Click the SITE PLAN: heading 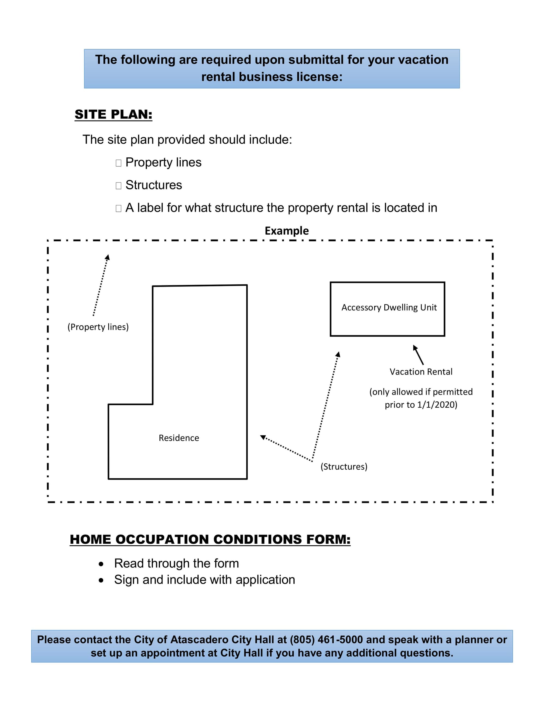pyautogui.click(x=113, y=114)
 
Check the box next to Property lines pyautogui.click(x=118, y=163)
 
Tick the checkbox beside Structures pyautogui.click(x=118, y=185)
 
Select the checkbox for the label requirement pyautogui.click(x=118, y=208)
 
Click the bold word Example pyautogui.click(x=287, y=231)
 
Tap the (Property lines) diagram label pyautogui.click(x=98, y=327)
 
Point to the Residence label pyautogui.click(x=179, y=438)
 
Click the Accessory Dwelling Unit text pyautogui.click(x=389, y=308)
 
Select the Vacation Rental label pyautogui.click(x=421, y=372)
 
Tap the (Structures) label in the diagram pyautogui.click(x=344, y=467)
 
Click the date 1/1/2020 pyautogui.click(x=435, y=405)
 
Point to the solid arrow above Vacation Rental pyautogui.click(x=418, y=355)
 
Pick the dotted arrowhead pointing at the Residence pyautogui.click(x=263, y=437)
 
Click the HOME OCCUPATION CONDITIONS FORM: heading pyautogui.click(x=210, y=540)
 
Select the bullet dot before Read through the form pyautogui.click(x=101, y=564)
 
